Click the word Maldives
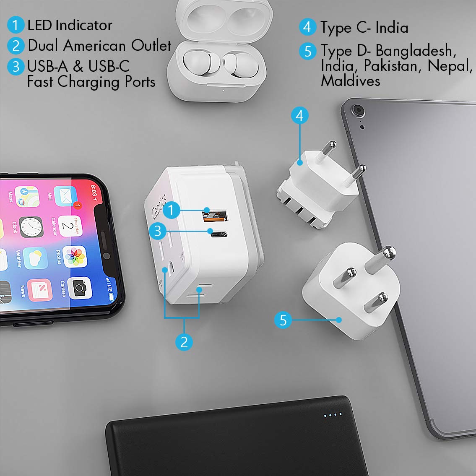click(351, 81)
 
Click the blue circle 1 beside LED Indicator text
click(16, 25)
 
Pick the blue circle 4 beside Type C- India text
click(308, 27)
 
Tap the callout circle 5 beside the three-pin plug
click(283, 320)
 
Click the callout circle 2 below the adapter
click(184, 342)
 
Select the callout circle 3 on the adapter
click(158, 231)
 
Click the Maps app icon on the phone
click(26, 196)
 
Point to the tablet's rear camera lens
click(358, 110)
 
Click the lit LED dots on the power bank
click(333, 415)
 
